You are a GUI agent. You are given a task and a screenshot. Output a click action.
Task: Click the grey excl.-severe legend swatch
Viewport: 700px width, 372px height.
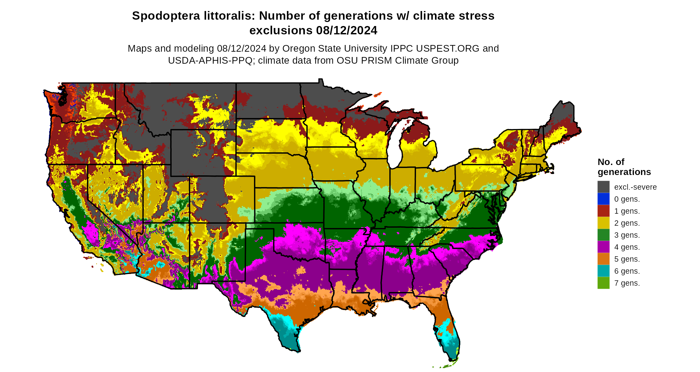603,187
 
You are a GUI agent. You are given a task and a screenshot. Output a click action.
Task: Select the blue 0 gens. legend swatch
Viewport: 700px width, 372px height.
603,199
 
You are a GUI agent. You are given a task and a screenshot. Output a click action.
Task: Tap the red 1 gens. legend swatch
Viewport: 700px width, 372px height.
603,211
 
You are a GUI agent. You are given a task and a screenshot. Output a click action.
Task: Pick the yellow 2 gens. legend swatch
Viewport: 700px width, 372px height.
603,223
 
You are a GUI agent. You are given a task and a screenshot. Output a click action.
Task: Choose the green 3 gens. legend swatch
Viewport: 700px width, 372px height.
603,235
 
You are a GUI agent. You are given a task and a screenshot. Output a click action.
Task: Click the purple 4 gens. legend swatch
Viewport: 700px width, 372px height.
603,247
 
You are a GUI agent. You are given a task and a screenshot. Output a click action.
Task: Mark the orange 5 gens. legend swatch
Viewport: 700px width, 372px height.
603,259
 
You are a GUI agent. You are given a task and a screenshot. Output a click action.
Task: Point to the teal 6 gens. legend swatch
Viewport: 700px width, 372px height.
603,271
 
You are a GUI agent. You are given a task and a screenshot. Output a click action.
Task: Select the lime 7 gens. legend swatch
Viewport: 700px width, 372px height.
603,283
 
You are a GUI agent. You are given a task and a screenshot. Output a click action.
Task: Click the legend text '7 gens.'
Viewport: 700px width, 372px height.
627,283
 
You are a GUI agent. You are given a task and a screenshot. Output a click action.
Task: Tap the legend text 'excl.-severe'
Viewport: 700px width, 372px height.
635,187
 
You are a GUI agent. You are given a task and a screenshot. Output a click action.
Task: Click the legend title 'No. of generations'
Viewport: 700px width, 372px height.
624,167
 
